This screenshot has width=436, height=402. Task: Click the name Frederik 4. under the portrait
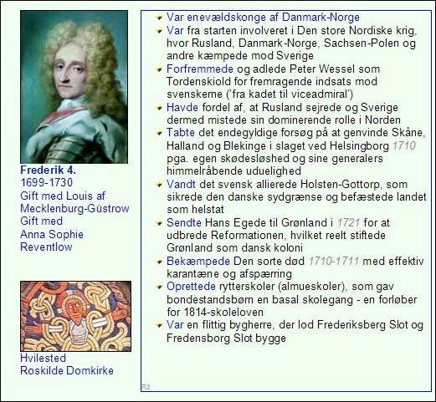[48, 170]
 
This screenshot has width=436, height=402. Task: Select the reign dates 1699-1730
[46, 182]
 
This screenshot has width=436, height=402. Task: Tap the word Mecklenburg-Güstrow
[74, 208]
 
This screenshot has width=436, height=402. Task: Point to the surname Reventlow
[46, 247]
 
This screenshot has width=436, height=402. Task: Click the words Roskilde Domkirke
[67, 370]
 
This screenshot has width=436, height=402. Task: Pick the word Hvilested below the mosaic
[43, 358]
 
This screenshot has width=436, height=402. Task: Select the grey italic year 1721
[348, 222]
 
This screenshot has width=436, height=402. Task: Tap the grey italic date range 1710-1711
[334, 261]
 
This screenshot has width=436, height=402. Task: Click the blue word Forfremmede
[200, 69]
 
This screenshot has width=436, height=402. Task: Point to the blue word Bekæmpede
[198, 262]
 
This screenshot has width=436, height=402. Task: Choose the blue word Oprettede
[191, 287]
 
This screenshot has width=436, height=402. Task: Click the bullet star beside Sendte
[159, 223]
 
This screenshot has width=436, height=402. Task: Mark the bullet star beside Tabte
[159, 133]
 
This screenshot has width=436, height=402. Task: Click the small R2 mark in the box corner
[146, 387]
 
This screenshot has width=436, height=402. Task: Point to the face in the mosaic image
[75, 310]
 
